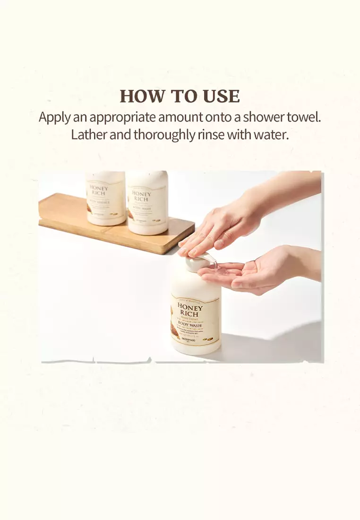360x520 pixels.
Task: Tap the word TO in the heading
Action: click(183, 96)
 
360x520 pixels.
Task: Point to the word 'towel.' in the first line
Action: click(303, 117)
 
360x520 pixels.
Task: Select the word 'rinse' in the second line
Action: click(210, 135)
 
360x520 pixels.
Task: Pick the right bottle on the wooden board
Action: click(147, 203)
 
